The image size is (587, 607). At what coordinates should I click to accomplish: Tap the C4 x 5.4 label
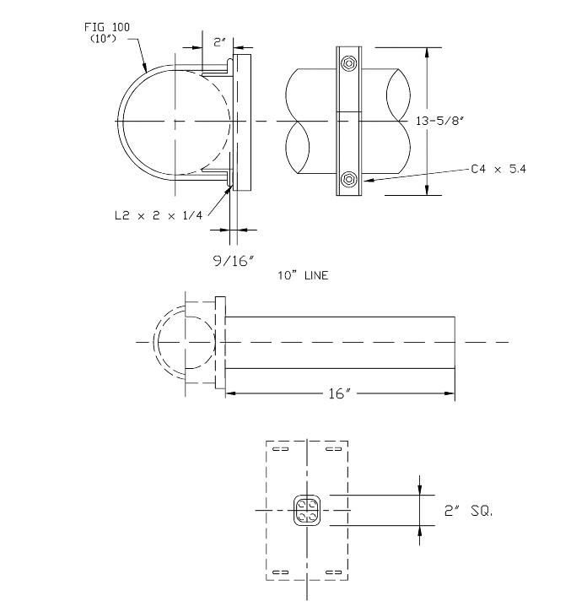tap(498, 170)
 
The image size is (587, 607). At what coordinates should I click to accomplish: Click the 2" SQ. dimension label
tap(470, 511)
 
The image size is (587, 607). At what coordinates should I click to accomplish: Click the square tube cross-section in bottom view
tap(307, 511)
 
